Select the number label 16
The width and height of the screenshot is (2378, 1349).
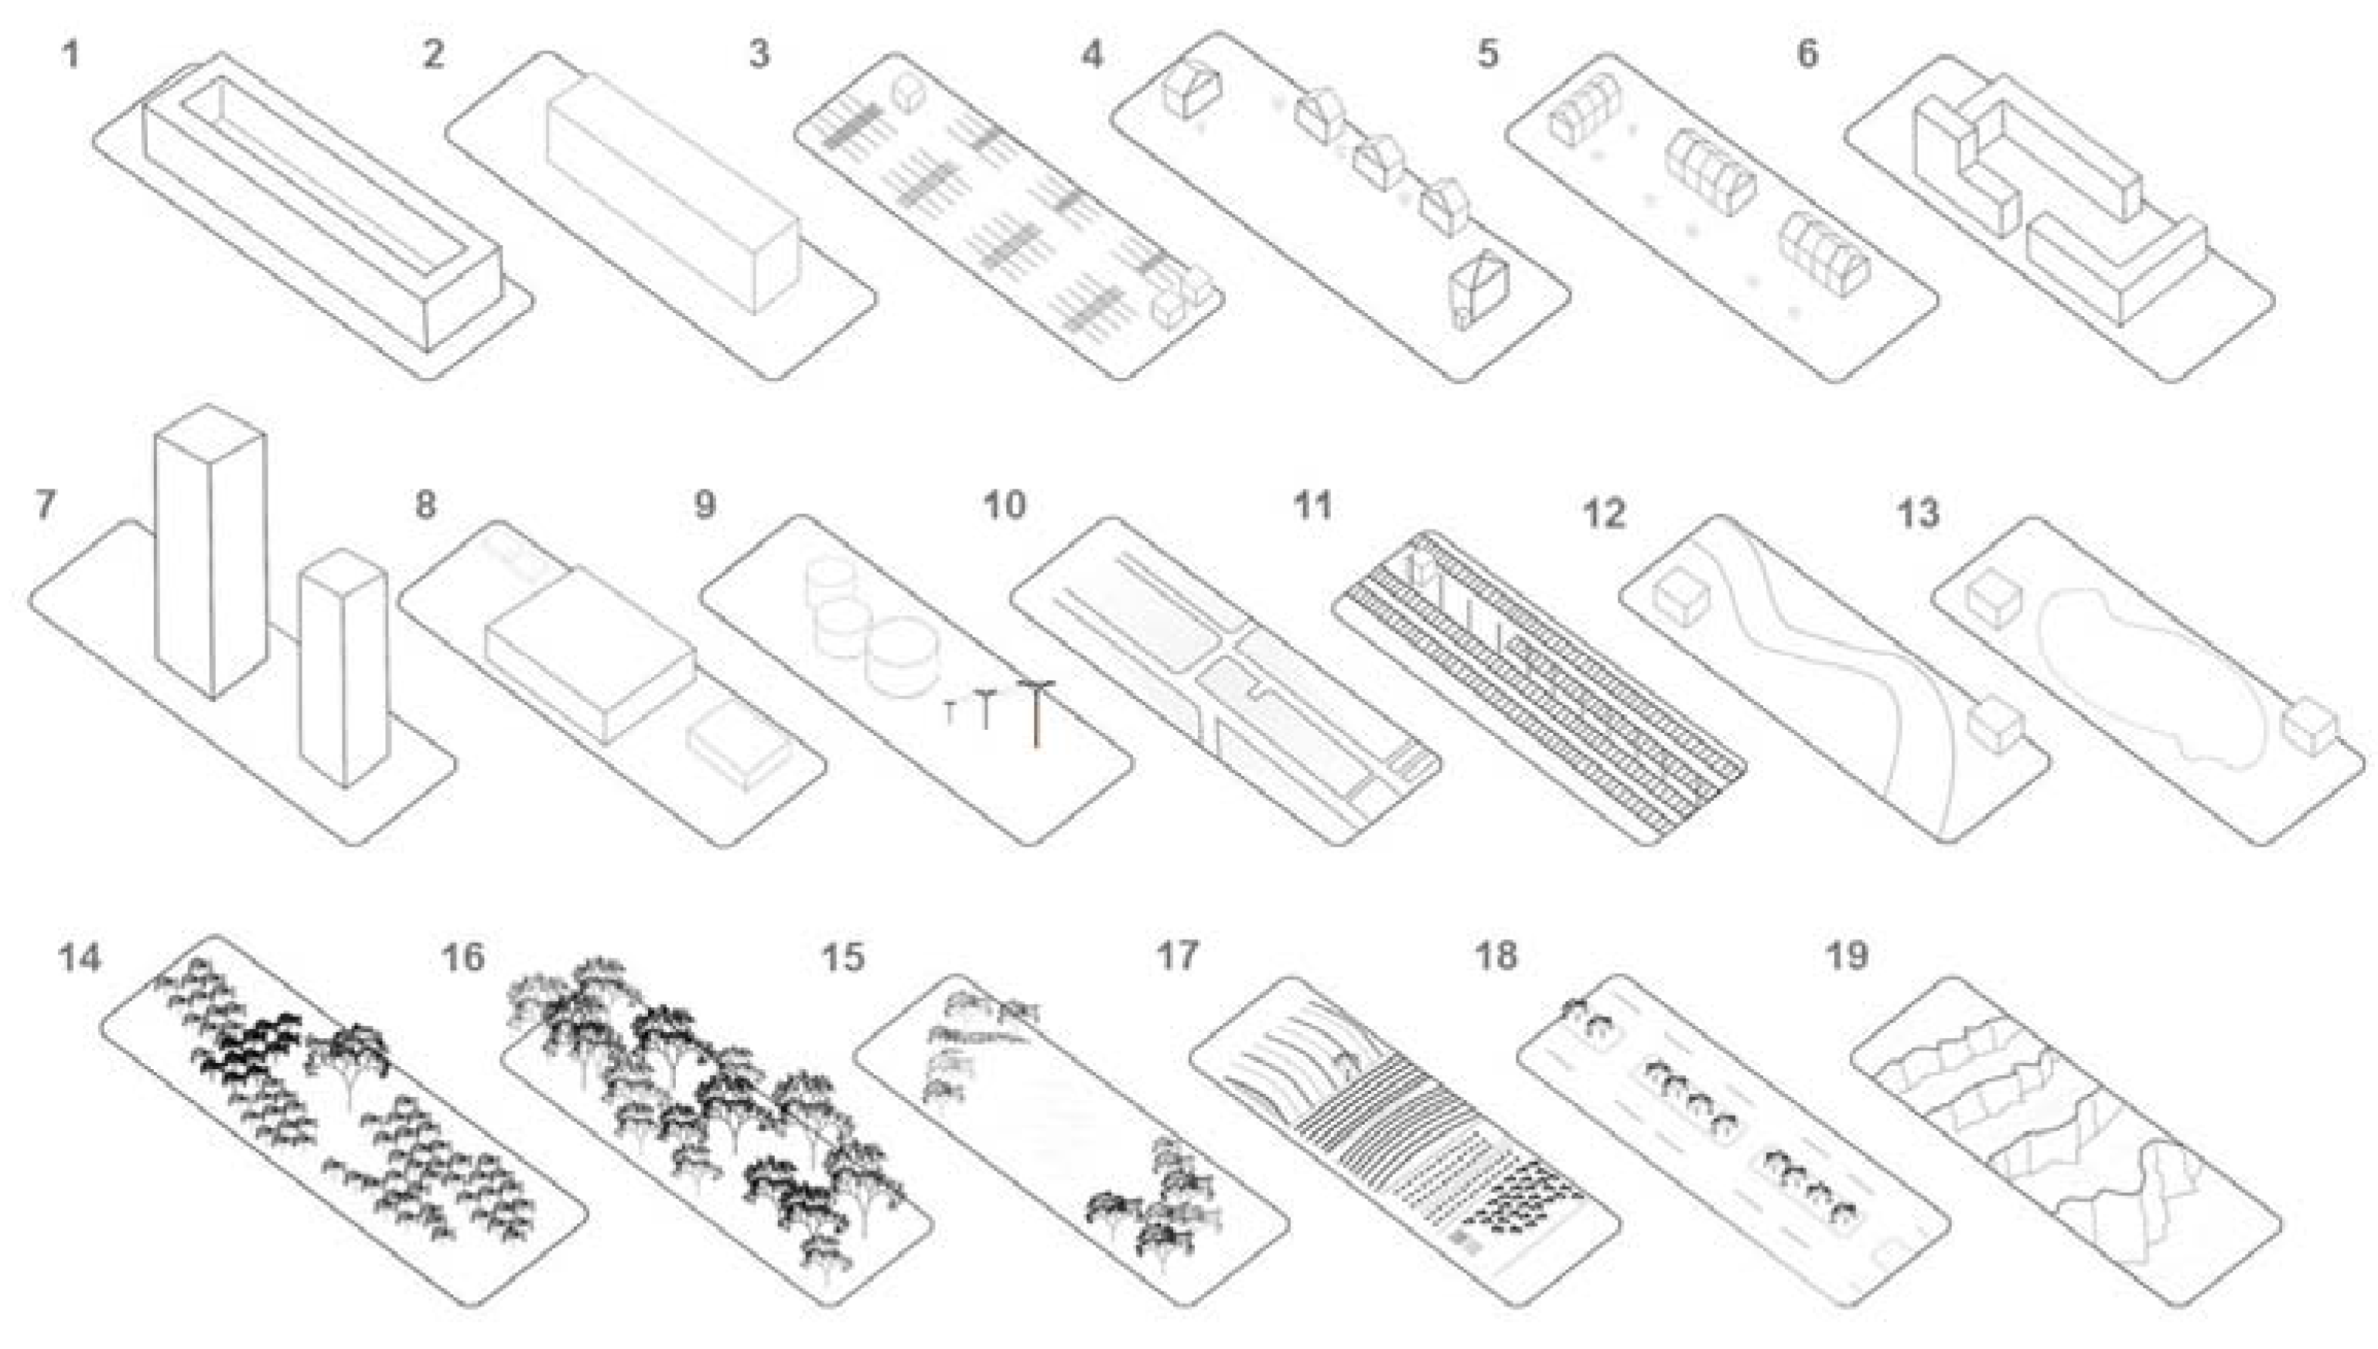[462, 957]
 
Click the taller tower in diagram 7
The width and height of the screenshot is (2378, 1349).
[211, 556]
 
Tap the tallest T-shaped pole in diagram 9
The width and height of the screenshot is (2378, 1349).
[1036, 714]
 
